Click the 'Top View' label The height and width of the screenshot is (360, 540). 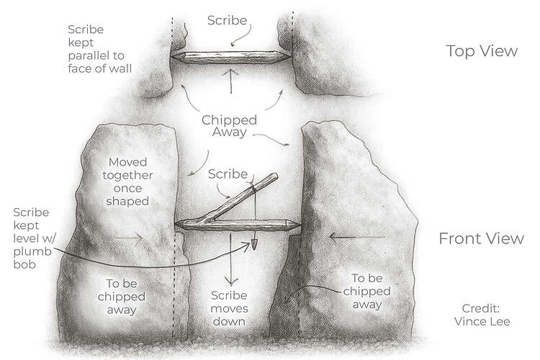tap(481, 51)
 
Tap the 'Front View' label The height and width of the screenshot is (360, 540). tap(481, 239)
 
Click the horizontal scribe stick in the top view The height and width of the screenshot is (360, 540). tap(230, 55)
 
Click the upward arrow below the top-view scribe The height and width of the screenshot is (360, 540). tap(230, 82)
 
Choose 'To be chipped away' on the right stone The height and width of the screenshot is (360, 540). tap(371, 292)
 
